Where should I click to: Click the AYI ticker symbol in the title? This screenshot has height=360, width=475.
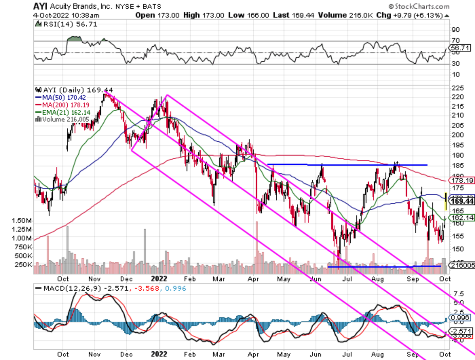(x=40, y=7)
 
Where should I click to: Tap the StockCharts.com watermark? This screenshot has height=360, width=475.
(x=419, y=6)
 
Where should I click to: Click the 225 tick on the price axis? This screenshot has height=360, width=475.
(x=456, y=88)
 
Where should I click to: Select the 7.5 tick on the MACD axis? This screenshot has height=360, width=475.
(x=458, y=294)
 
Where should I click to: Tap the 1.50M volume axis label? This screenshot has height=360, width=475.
(x=22, y=220)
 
